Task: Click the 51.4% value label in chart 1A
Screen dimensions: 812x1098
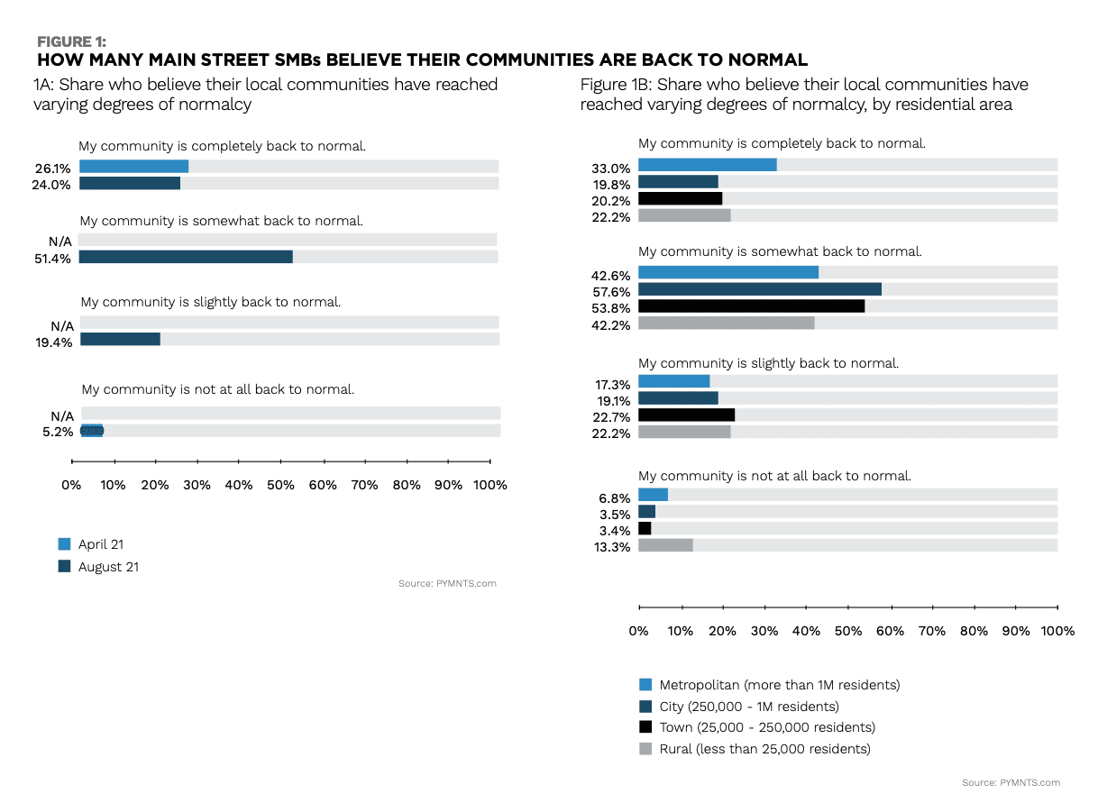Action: tap(53, 258)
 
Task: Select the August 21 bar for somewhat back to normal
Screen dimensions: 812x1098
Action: tap(186, 257)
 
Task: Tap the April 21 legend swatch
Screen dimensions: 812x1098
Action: tap(64, 544)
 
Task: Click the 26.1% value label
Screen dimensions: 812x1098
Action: tap(53, 168)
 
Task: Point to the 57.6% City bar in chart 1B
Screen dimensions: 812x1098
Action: tap(759, 289)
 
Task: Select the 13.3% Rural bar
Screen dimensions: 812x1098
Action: tap(665, 545)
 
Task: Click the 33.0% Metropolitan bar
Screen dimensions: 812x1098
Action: tap(707, 165)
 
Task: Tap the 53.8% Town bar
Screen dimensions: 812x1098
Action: tap(751, 306)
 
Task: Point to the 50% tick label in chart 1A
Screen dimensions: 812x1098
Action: tap(280, 485)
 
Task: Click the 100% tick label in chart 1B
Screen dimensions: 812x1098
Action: tap(1057, 631)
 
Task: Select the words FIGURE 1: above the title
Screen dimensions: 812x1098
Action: tap(71, 41)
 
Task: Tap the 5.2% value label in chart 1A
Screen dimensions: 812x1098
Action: tap(57, 433)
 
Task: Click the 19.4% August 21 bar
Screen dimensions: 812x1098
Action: tap(120, 339)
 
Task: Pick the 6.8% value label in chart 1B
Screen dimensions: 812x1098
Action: tap(615, 497)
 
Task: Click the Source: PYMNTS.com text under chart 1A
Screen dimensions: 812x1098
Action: tap(447, 584)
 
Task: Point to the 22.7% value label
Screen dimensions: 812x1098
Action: tap(612, 417)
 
